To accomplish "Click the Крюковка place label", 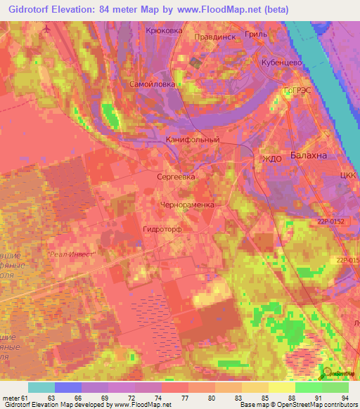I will (x=163, y=31).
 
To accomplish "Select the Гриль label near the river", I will (x=271, y=34).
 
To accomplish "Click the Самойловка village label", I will (x=150, y=84).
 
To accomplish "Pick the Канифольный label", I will (x=193, y=140).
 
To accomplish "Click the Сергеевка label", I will (x=176, y=177).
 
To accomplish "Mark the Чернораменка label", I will (x=186, y=204).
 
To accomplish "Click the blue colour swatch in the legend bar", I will (x=68, y=387).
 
